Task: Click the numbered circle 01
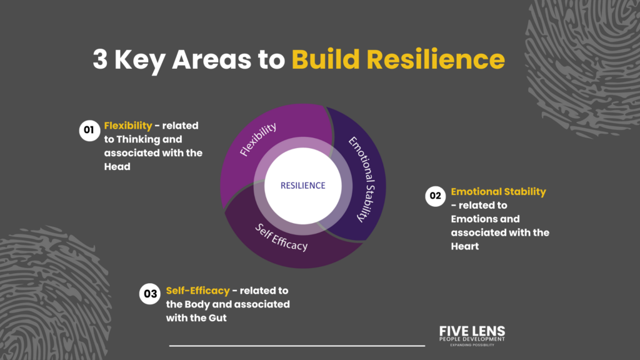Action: pos(89,130)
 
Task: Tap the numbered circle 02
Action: pos(435,196)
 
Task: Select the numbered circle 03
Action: pos(150,294)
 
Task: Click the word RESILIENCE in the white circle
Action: pos(303,186)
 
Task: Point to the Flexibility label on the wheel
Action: pos(258,139)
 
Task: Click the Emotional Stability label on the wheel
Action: pos(362,179)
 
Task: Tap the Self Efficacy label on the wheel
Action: pos(281,237)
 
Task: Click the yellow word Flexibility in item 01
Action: pos(128,126)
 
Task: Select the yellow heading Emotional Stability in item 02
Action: pos(498,191)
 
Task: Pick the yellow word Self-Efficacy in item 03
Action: pos(198,291)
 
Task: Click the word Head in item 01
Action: pos(117,166)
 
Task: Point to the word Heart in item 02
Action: pos(465,246)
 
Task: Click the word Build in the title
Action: pos(326,59)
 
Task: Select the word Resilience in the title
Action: pos(436,59)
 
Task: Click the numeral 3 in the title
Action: pos(100,59)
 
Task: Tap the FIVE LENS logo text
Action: pos(472,331)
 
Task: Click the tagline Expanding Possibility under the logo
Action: pos(472,345)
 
